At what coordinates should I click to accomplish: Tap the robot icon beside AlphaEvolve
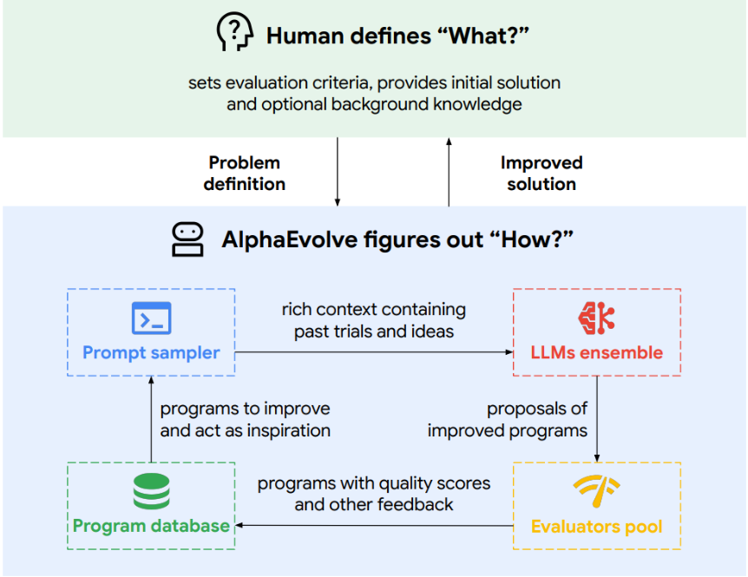[187, 239]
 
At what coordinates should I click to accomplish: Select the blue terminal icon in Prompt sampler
[151, 318]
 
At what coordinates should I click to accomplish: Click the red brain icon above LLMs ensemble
[596, 318]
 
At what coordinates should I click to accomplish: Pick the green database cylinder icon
[151, 492]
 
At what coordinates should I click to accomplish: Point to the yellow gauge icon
[596, 492]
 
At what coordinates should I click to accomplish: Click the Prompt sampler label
[151, 353]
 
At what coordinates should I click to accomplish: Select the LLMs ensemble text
[596, 353]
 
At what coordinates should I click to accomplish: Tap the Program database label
[151, 526]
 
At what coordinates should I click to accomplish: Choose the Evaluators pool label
[596, 527]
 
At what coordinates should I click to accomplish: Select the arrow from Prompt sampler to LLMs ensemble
[373, 351]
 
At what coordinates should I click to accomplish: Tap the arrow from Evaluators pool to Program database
[373, 525]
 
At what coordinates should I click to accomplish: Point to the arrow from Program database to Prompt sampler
[151, 419]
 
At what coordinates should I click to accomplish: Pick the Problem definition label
[245, 174]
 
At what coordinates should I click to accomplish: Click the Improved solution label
[541, 174]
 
